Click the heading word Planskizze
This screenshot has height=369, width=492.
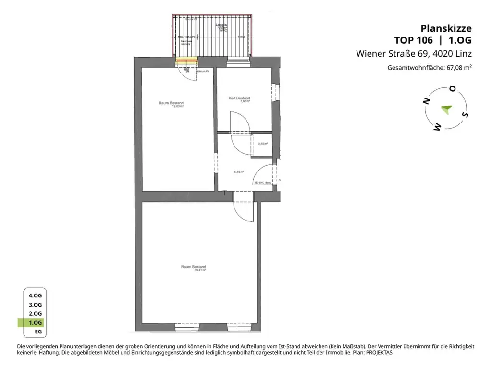446,28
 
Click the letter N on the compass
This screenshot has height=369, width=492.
426,100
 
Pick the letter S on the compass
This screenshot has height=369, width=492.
464,115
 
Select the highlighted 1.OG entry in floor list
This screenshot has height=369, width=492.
35,322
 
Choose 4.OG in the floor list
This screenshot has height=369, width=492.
35,295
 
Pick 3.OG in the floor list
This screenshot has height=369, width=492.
35,305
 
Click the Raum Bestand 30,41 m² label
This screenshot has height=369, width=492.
194,268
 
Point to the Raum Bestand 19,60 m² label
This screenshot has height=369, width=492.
171,104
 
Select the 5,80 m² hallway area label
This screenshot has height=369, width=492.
239,172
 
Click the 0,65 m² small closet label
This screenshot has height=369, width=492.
263,143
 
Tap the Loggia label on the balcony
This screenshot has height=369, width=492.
221,25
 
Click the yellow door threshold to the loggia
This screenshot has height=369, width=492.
186,61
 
